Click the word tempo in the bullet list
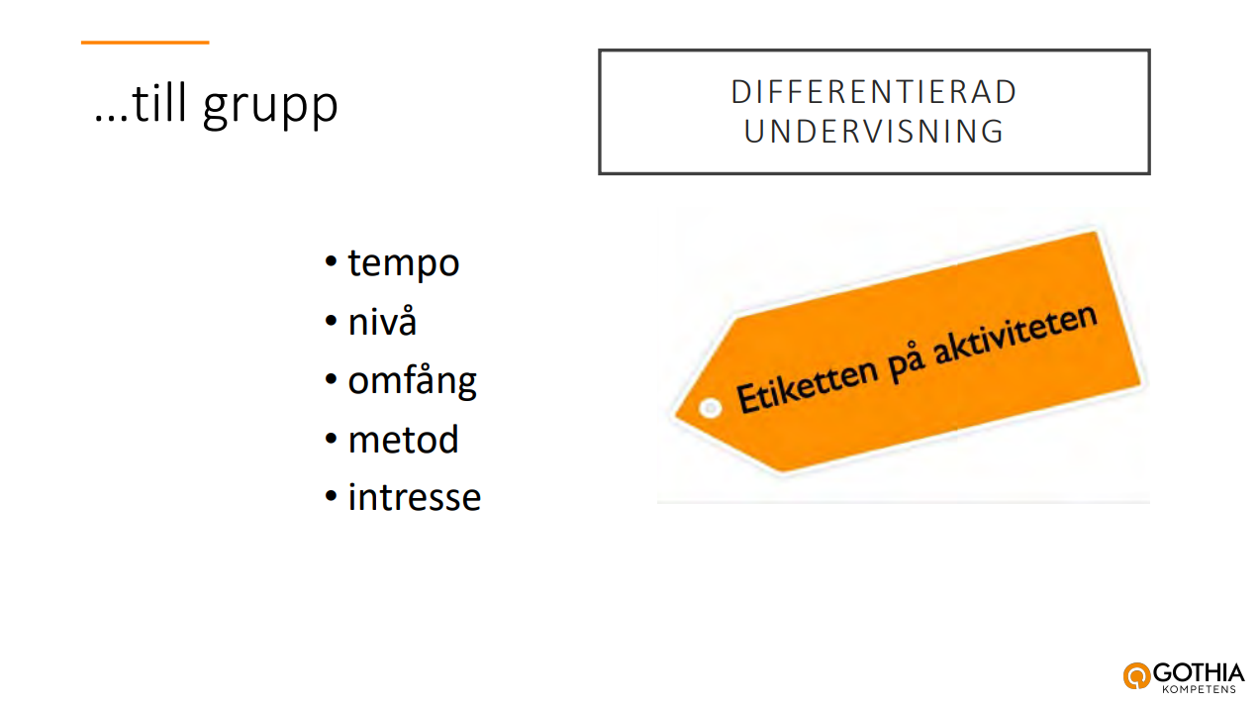click(404, 263)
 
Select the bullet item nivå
click(382, 321)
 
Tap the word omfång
click(412, 381)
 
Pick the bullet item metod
click(404, 440)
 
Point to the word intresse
click(415, 497)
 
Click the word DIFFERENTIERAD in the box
click(874, 92)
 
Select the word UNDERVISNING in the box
click(874, 132)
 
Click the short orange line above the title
click(145, 43)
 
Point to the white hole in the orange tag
click(710, 408)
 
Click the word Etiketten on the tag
click(807, 386)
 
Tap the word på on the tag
click(906, 364)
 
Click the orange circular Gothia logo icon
click(1137, 675)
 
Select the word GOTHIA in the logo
click(1199, 672)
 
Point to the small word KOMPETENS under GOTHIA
click(1200, 689)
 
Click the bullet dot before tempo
click(331, 261)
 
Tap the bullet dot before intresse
click(331, 496)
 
